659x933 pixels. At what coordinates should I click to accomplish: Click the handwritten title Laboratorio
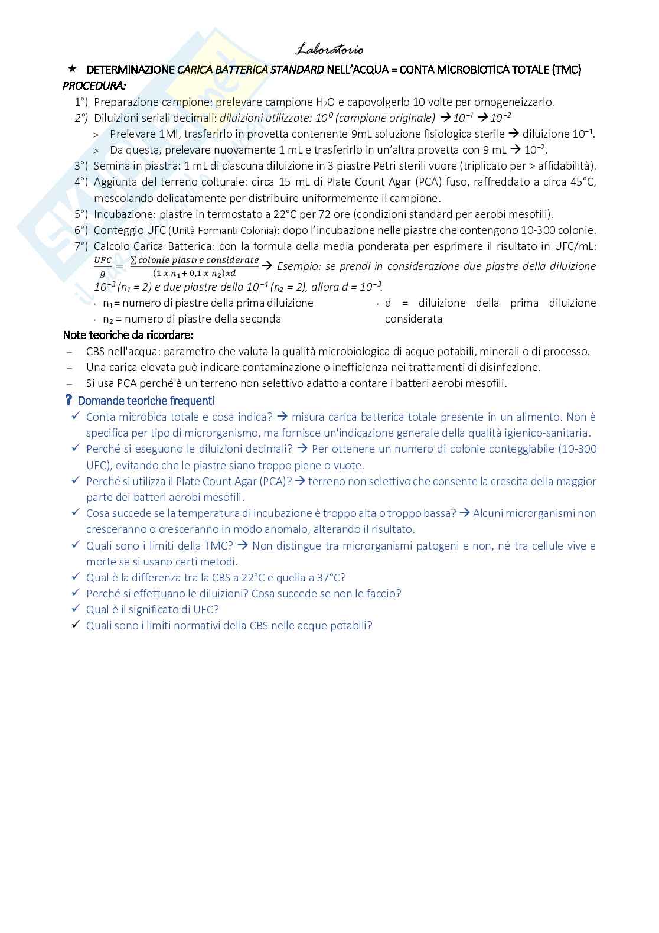[329, 50]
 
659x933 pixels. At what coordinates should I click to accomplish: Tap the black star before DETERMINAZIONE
[73, 69]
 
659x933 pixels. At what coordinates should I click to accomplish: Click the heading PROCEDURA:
[94, 86]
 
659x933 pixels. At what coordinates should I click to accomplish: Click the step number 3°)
[81, 166]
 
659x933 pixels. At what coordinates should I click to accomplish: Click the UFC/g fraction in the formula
[103, 266]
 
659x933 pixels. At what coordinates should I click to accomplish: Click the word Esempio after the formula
[298, 266]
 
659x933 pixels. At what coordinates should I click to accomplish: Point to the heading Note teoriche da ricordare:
[128, 335]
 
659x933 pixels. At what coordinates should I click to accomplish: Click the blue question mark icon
[69, 400]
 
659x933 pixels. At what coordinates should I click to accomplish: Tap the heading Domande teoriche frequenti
[146, 401]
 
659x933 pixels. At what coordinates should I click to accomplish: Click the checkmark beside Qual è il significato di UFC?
[75, 609]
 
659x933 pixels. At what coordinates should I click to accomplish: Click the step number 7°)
[81, 246]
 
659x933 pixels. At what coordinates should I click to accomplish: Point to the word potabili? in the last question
[351, 625]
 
